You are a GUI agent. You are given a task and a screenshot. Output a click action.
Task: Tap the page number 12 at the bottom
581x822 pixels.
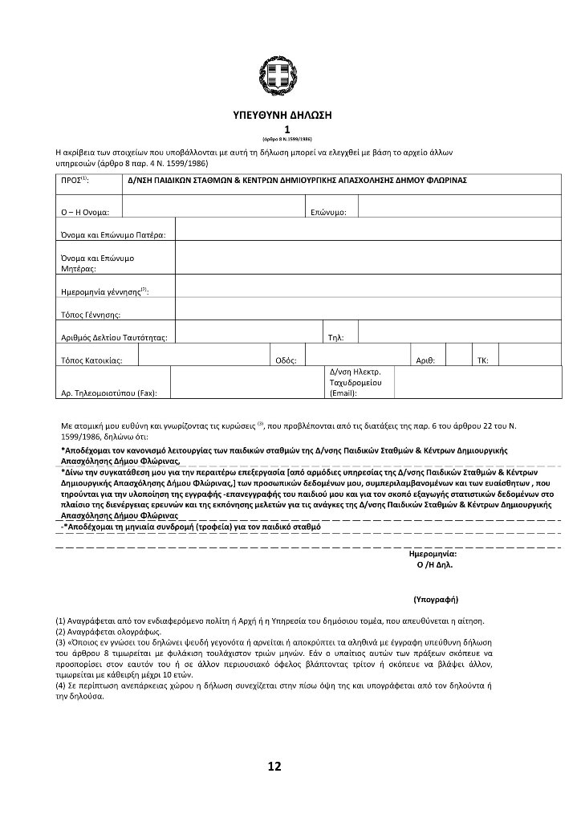coord(274,767)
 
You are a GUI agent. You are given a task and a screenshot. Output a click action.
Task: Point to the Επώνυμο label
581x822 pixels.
coord(328,212)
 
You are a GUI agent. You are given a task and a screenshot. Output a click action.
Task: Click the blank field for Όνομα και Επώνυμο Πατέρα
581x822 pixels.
coord(368,229)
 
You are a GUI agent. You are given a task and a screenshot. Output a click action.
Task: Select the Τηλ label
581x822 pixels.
coord(336,337)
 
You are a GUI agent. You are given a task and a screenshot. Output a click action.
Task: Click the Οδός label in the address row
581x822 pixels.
coord(286,361)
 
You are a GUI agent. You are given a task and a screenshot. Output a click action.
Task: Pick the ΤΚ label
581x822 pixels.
coord(482,361)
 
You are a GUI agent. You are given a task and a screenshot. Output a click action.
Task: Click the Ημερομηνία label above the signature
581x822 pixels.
coord(433,554)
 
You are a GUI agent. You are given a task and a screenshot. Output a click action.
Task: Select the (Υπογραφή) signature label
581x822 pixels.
coord(436,599)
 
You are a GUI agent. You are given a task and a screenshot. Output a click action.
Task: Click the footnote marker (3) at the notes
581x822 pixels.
coord(60,642)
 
